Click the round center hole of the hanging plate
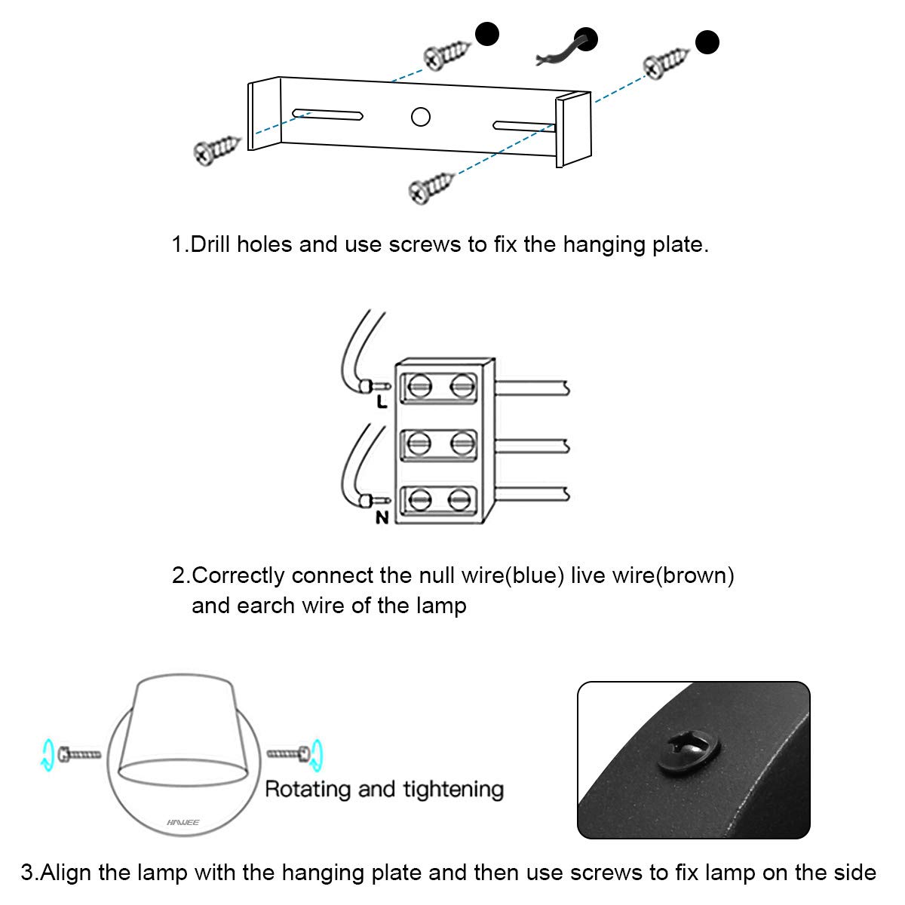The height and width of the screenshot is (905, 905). click(x=420, y=117)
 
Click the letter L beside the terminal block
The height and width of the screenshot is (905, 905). click(x=382, y=402)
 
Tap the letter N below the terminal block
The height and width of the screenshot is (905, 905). click(x=382, y=518)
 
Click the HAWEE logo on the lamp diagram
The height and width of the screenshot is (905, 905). click(x=183, y=823)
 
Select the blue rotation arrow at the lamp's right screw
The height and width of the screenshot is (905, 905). click(x=317, y=752)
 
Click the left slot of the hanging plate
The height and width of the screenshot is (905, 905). click(x=329, y=115)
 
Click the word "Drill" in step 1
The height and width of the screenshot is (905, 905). click(x=210, y=245)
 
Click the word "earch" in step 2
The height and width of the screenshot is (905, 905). click(x=268, y=606)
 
